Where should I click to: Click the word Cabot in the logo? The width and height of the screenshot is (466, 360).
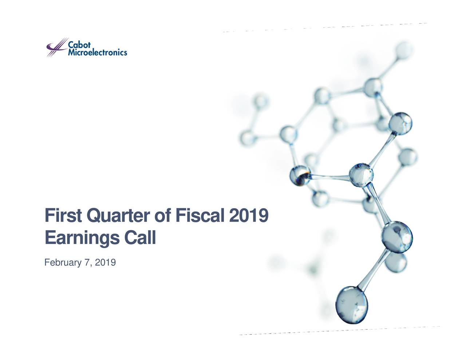[x=79, y=45]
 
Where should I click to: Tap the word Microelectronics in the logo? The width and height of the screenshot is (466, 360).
[x=98, y=52]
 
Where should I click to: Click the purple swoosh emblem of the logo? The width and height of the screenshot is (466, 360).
[x=56, y=47]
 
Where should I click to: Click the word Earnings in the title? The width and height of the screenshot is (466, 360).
[x=82, y=239]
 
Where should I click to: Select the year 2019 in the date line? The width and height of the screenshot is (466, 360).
[x=105, y=262]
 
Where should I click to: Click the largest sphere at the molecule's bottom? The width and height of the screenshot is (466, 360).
[x=351, y=305]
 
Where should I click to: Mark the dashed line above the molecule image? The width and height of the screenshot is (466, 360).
[x=325, y=27]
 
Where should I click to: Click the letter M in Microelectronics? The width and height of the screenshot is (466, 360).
[x=72, y=52]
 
